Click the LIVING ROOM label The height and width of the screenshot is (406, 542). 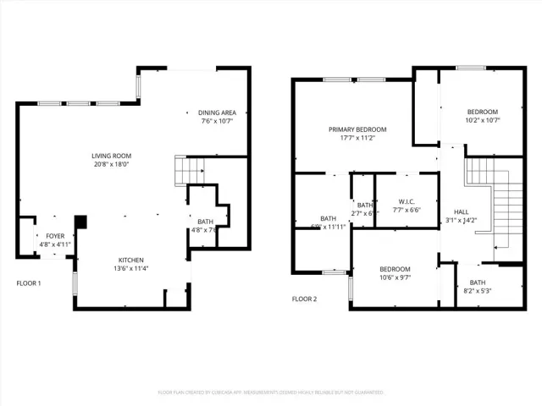112,156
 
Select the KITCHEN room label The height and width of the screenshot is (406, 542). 130,260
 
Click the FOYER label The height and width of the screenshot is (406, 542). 54,236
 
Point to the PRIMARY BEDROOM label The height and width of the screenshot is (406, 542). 357,129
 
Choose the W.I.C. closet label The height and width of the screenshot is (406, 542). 406,202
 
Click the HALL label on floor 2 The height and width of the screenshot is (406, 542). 461,212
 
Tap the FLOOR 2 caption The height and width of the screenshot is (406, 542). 305,299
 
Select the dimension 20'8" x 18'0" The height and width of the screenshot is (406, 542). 112,165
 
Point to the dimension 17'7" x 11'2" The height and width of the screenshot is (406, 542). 357,138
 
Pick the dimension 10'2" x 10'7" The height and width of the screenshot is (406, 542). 483,120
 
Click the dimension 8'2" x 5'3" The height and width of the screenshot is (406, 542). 478,292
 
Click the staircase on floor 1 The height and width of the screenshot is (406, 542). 187,171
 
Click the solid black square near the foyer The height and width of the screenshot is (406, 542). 81,222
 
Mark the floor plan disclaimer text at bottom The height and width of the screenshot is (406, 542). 271,393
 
